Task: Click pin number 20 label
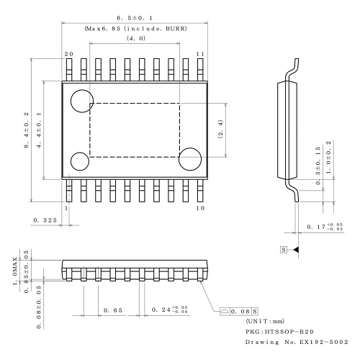point(68,54)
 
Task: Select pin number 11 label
point(201,54)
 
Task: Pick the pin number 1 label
point(67,208)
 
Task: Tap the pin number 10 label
point(200,208)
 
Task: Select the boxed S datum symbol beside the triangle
point(285,249)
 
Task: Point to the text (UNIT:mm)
point(265,320)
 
